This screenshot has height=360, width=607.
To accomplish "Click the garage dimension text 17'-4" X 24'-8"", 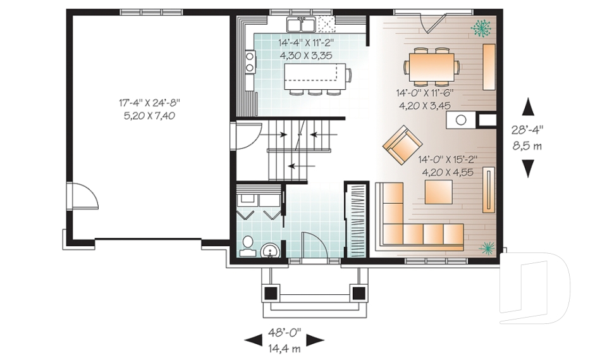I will pyautogui.click(x=149, y=102).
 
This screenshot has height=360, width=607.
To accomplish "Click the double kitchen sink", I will pyautogui.click(x=302, y=25).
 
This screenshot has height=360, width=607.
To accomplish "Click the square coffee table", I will pyautogui.click(x=438, y=192).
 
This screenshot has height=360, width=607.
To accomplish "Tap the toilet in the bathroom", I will pyautogui.click(x=247, y=245).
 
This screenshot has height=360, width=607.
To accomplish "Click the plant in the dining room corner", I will pyautogui.click(x=481, y=28).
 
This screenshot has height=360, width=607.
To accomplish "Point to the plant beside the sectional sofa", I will pyautogui.click(x=487, y=247).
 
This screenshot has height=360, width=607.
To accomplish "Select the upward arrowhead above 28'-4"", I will pyautogui.click(x=527, y=108).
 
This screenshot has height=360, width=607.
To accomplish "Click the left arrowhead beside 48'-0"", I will pyautogui.click(x=253, y=340).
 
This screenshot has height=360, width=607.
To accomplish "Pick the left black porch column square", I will pyautogui.click(x=271, y=293).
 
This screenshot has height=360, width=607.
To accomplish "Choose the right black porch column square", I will pyautogui.click(x=359, y=293).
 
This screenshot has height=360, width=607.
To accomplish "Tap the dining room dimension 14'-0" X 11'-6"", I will pyautogui.click(x=426, y=93).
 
